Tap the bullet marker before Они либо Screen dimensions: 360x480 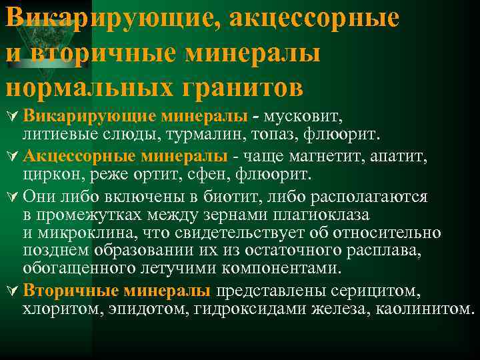pos(11,197)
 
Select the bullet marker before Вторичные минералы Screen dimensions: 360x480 pos(11,291)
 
